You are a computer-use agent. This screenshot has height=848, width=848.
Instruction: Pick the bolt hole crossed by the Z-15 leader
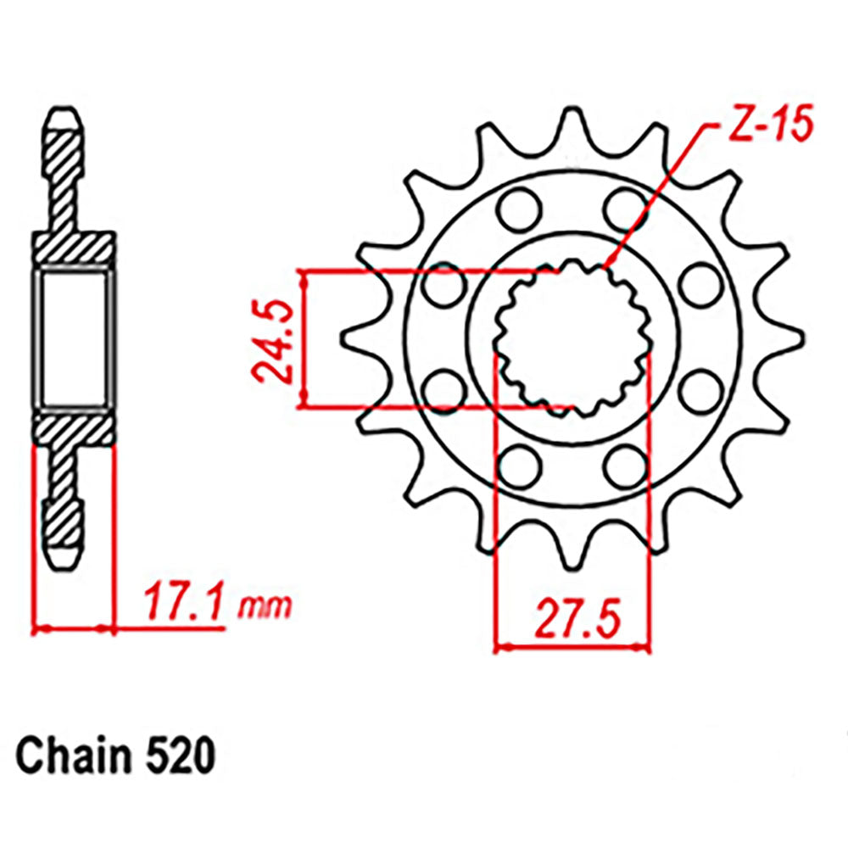pyautogui.click(x=626, y=206)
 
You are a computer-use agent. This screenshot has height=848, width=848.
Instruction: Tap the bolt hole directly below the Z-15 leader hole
pyautogui.click(x=626, y=463)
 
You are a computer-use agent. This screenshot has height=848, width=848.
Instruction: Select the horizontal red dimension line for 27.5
pyautogui.click(x=572, y=648)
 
